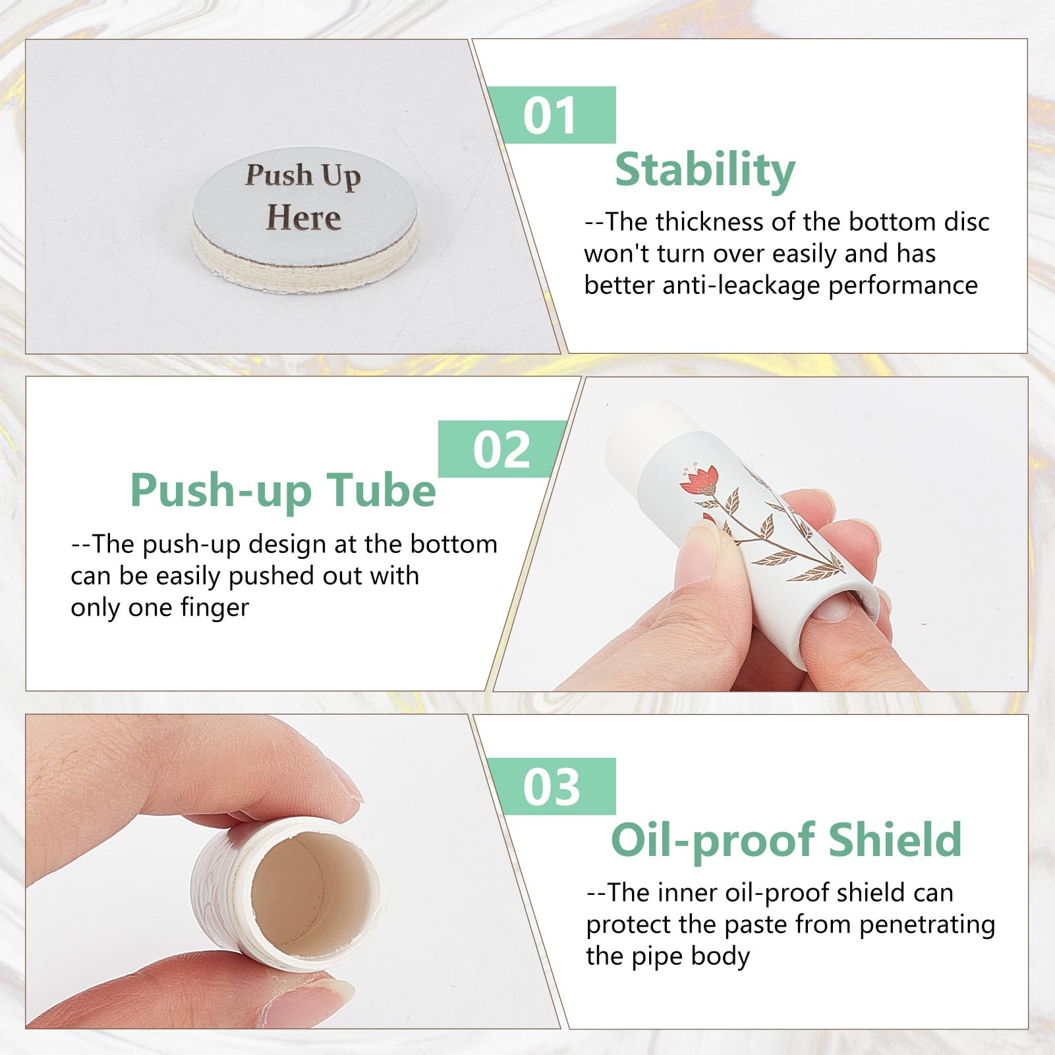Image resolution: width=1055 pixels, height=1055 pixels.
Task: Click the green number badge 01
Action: pyautogui.click(x=552, y=115)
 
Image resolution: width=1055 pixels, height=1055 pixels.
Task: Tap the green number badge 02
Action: pyautogui.click(x=502, y=449)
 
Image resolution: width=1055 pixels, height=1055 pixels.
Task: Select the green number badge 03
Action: pyautogui.click(x=552, y=786)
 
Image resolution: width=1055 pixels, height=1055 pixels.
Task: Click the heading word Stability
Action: pyautogui.click(x=705, y=170)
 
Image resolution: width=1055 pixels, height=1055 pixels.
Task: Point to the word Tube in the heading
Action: pyautogui.click(x=383, y=490)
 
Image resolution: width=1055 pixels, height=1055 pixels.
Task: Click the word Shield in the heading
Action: pyautogui.click(x=894, y=840)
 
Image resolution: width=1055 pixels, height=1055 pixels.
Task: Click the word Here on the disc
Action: pyautogui.click(x=304, y=217)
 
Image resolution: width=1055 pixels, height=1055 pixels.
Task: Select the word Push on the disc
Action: pyautogui.click(x=279, y=175)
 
